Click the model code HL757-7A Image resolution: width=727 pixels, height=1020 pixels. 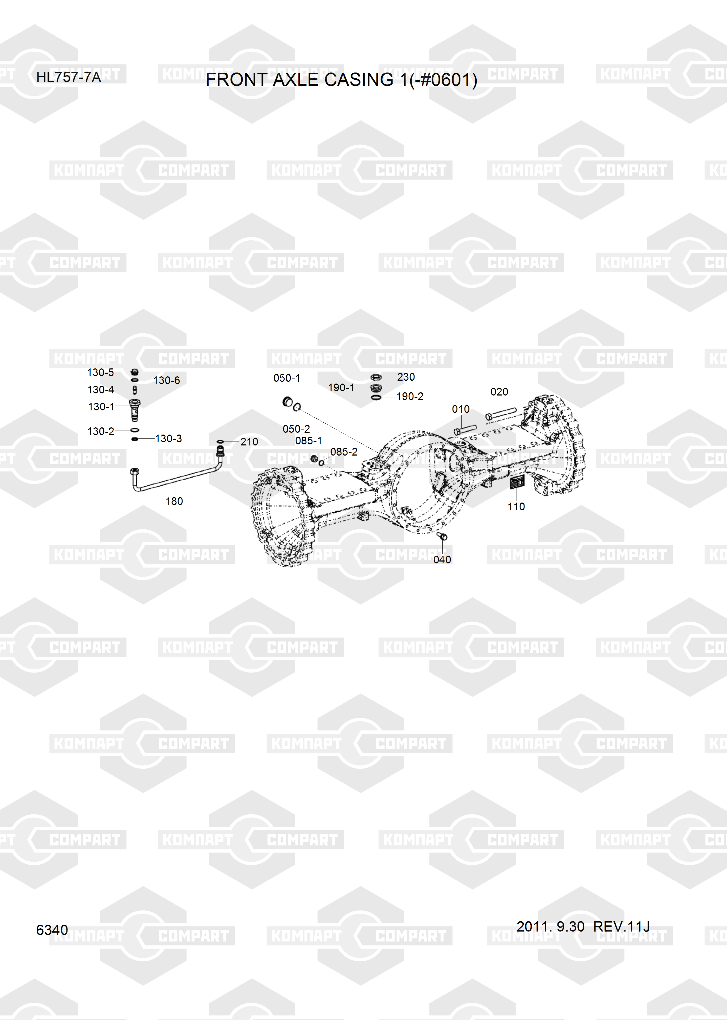pos(69,77)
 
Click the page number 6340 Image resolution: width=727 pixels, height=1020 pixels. pos(52,930)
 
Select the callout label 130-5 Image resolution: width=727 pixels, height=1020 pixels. pos(100,372)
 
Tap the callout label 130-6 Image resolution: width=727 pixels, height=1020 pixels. pos(167,380)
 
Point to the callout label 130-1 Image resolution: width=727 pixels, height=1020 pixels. pos(101,407)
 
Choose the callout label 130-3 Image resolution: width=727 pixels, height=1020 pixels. pos(168,439)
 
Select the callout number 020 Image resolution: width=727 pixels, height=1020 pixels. pos(499,392)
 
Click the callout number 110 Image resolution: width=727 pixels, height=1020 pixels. pos(516,507)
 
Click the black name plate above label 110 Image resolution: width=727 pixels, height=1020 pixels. pos(517,483)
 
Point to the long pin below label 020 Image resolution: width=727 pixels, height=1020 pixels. pos(501,414)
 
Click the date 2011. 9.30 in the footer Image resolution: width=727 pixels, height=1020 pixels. pos(550,926)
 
